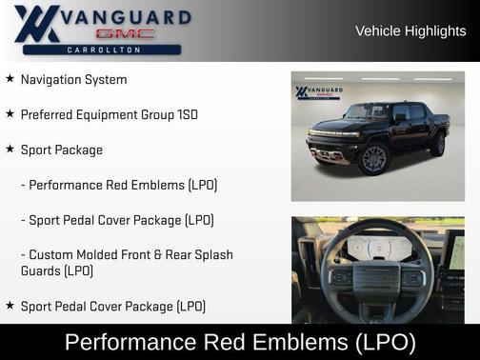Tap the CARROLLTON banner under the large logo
101,49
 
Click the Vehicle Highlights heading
410,30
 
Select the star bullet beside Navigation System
10,79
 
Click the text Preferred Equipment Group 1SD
110,114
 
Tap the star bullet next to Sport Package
10,150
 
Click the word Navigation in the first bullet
51,80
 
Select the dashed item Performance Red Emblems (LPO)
119,185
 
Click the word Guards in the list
41,270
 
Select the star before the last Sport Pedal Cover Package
10,306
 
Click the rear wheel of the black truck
437,144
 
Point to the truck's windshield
371,112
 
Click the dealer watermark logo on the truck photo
318,92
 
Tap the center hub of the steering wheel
377,278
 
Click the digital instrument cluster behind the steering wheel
379,246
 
